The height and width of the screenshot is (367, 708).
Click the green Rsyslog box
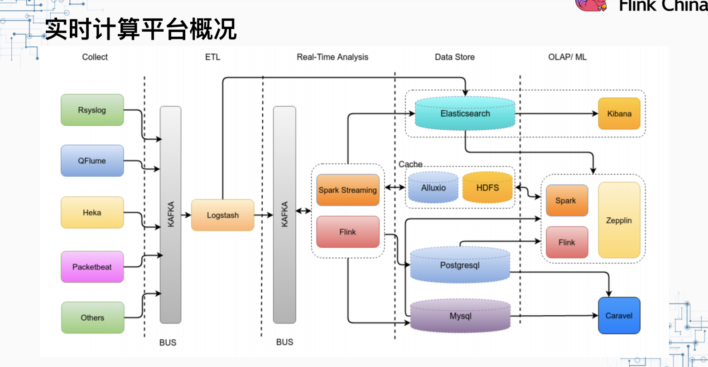(x=92, y=110)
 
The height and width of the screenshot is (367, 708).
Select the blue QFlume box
(x=92, y=161)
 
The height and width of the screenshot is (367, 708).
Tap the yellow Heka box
(x=92, y=212)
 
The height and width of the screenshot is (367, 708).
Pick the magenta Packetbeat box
(x=92, y=267)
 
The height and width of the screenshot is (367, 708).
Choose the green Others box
(x=92, y=317)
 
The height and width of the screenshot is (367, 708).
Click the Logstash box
(x=223, y=215)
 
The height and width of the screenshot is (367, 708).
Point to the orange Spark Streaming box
(x=348, y=190)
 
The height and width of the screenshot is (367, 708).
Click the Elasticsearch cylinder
(x=465, y=113)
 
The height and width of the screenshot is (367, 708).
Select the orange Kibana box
(x=619, y=114)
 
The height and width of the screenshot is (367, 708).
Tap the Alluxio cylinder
(x=433, y=187)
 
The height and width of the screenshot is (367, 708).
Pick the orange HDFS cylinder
(x=487, y=187)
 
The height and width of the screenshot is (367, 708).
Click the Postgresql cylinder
(x=460, y=265)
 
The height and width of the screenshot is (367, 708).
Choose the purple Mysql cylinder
(x=460, y=316)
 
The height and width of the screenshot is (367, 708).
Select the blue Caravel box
(x=619, y=315)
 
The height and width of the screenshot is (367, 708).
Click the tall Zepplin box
(x=619, y=220)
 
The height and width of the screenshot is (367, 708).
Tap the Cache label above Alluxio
(x=410, y=164)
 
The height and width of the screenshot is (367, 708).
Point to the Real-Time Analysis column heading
(x=332, y=57)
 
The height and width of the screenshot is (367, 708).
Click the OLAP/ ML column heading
(x=567, y=57)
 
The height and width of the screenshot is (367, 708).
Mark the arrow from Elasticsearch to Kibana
(x=557, y=113)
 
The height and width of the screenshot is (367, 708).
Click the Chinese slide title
(x=141, y=29)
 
